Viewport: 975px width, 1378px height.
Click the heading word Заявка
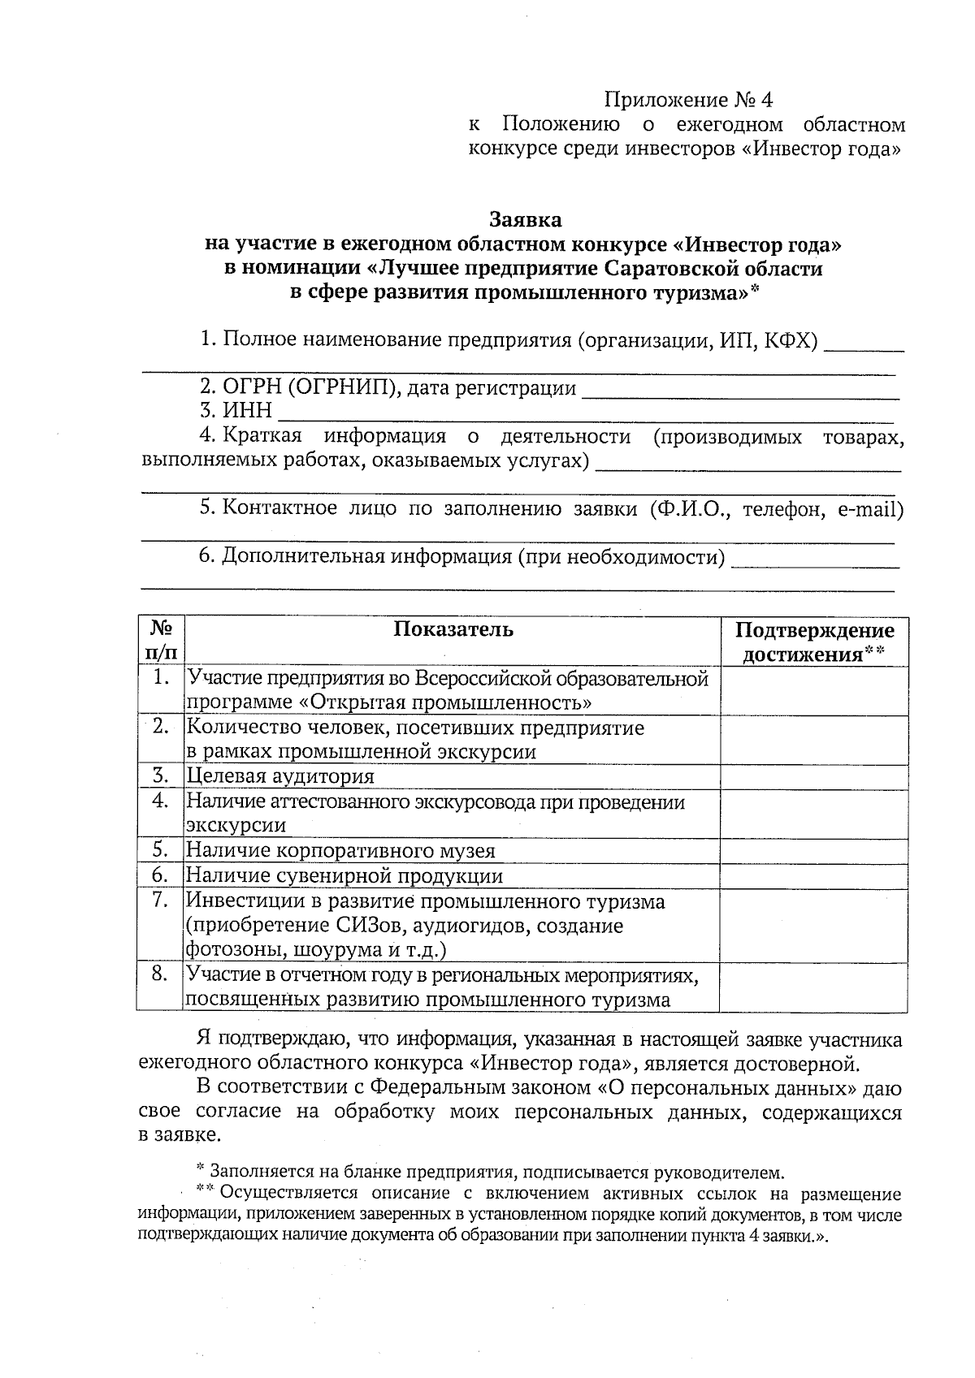click(525, 220)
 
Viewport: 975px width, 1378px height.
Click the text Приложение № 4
click(687, 100)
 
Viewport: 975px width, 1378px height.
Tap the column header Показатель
click(453, 629)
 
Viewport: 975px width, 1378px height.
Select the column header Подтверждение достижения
click(814, 642)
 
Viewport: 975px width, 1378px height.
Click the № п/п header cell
click(161, 641)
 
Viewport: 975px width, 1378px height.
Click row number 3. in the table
click(160, 776)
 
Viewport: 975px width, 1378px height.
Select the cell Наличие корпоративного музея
click(341, 851)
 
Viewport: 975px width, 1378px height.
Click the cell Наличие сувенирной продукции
click(344, 876)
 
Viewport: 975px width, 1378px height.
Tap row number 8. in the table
click(160, 974)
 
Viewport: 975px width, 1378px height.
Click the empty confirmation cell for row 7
click(814, 926)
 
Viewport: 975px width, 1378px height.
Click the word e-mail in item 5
click(870, 509)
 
